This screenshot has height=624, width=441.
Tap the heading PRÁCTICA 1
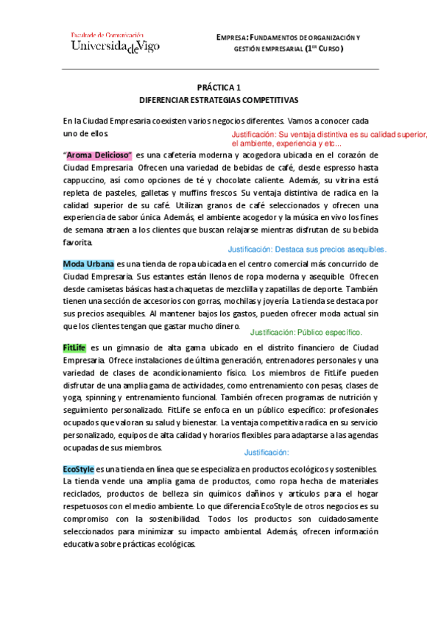coord(220,86)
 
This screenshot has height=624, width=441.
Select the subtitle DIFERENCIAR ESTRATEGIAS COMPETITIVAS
coord(220,99)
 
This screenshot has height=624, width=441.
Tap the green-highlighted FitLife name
coord(74,347)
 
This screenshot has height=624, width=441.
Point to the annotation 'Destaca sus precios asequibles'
coord(307,249)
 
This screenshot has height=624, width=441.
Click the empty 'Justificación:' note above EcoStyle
coord(267,453)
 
